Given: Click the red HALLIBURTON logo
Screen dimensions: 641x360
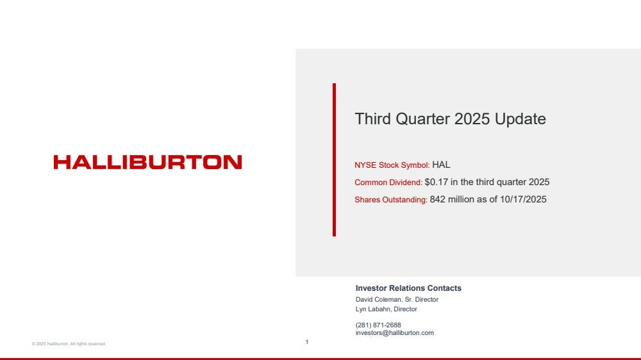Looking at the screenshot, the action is (x=147, y=162).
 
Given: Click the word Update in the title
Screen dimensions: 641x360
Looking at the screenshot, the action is (x=520, y=119).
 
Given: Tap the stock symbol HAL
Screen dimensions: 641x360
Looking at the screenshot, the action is (x=441, y=165).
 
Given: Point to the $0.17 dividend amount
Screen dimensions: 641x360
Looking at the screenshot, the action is (x=436, y=182).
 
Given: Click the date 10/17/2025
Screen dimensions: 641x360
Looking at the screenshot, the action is (x=523, y=199).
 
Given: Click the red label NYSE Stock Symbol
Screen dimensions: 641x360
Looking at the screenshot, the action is (x=392, y=165).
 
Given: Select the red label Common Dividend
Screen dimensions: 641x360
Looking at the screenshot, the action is (x=388, y=183).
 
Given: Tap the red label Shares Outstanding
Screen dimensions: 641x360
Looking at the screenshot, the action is (x=391, y=200).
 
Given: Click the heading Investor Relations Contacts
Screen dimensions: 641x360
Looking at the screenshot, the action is (x=408, y=288).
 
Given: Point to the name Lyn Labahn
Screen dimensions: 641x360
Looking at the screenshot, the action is (x=373, y=309).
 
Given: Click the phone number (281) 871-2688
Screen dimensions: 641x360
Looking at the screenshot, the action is (x=378, y=325).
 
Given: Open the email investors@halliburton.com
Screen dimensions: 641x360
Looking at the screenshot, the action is (x=394, y=333).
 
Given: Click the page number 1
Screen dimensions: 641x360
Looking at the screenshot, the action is (x=307, y=342).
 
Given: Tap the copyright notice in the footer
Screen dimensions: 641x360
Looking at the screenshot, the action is (x=69, y=344).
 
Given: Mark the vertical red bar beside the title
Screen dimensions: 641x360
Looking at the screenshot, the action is (x=335, y=160).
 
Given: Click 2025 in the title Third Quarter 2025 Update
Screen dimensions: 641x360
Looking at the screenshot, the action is (x=472, y=119).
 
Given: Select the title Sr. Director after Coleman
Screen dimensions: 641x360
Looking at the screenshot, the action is (x=422, y=300).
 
